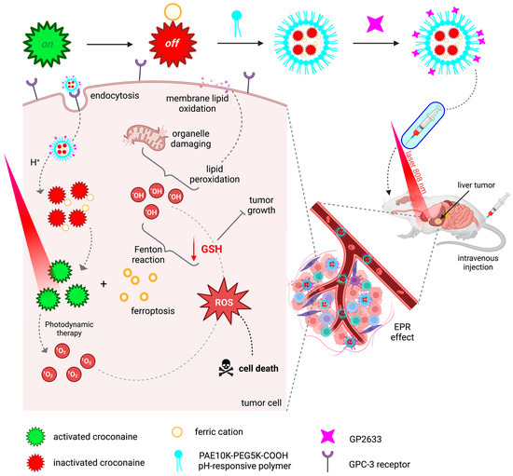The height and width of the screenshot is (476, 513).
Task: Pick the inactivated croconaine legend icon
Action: tap(39, 456)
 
